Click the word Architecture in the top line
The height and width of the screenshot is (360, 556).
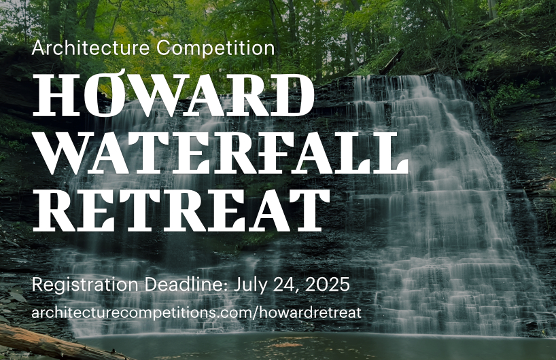[91, 48]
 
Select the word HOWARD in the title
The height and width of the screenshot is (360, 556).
[173, 96]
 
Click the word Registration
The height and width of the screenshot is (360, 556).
[85, 285]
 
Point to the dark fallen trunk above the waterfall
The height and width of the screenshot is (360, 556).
[392, 62]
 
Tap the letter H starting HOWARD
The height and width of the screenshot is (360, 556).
[56, 96]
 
